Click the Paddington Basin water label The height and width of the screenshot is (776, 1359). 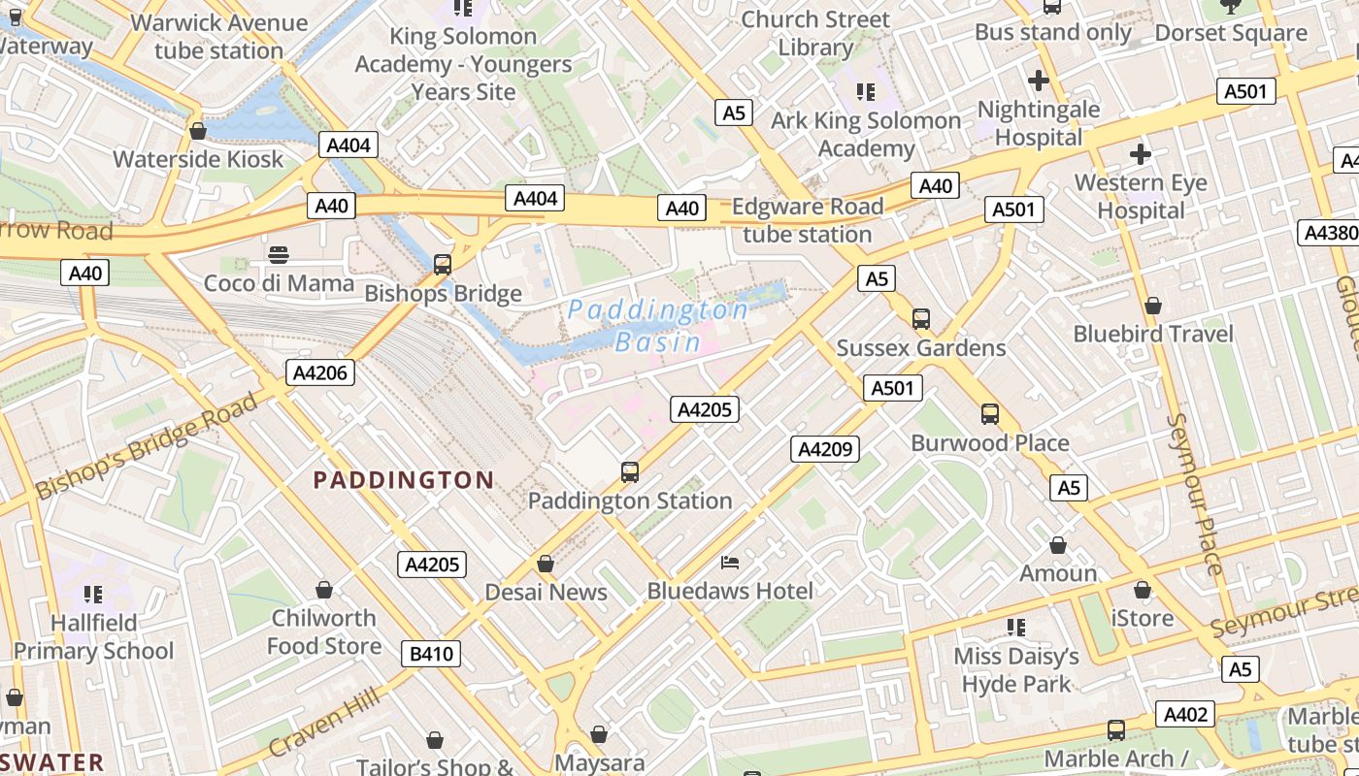coord(658,326)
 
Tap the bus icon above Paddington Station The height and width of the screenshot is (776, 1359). coord(630,472)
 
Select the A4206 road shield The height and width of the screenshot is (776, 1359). coord(320,372)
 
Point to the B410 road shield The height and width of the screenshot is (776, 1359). coord(431,654)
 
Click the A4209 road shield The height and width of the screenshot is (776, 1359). coord(825,449)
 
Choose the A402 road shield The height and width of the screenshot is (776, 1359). coord(1185,715)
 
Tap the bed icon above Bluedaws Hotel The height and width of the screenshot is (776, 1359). coord(730,563)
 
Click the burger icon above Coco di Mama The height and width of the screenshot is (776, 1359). coord(279,255)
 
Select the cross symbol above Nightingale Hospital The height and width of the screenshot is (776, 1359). coord(1038,81)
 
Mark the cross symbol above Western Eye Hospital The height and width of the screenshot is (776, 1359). coord(1141,154)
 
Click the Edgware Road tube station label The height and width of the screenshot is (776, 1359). coord(808,220)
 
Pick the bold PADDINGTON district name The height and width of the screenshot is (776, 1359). coord(404,480)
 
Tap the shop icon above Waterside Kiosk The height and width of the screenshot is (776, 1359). coord(198,131)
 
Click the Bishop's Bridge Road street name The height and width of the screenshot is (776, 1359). coord(147,446)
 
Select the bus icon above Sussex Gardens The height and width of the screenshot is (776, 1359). coord(920,319)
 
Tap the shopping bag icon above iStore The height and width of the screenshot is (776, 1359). coord(1142,590)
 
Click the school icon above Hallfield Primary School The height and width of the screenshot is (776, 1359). coord(93,594)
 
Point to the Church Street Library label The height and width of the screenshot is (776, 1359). coord(815,33)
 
